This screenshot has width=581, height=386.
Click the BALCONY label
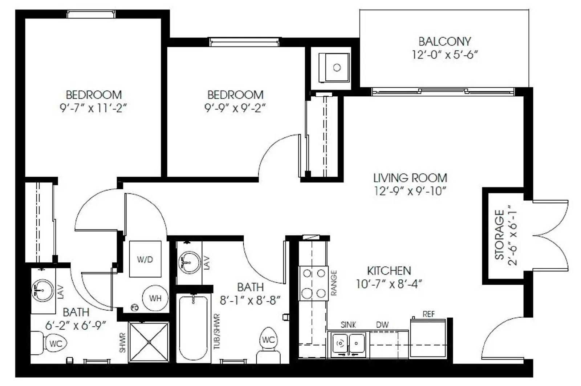tap(444, 41)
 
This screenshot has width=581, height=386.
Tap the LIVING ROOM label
tap(410, 178)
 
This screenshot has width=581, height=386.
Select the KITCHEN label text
tap(389, 271)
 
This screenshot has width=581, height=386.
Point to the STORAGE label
tap(499, 235)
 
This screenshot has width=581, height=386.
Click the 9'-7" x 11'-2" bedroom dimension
tap(93, 108)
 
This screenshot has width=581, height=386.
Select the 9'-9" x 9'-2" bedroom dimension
tap(235, 108)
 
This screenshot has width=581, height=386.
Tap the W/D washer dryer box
tap(145, 259)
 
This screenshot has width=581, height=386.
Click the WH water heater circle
tap(155, 298)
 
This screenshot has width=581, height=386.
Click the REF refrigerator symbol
tap(428, 338)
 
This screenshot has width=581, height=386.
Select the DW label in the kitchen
tap(382, 325)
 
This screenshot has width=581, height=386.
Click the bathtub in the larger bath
tap(193, 327)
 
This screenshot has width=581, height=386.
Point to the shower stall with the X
tap(149, 342)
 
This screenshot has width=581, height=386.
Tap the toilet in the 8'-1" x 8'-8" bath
tap(268, 345)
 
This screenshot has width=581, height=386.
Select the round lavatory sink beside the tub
tap(189, 262)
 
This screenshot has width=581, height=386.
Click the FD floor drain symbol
tap(135, 308)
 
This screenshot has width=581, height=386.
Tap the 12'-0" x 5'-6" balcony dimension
tap(444, 55)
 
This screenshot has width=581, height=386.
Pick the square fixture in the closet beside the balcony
tap(334, 68)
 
